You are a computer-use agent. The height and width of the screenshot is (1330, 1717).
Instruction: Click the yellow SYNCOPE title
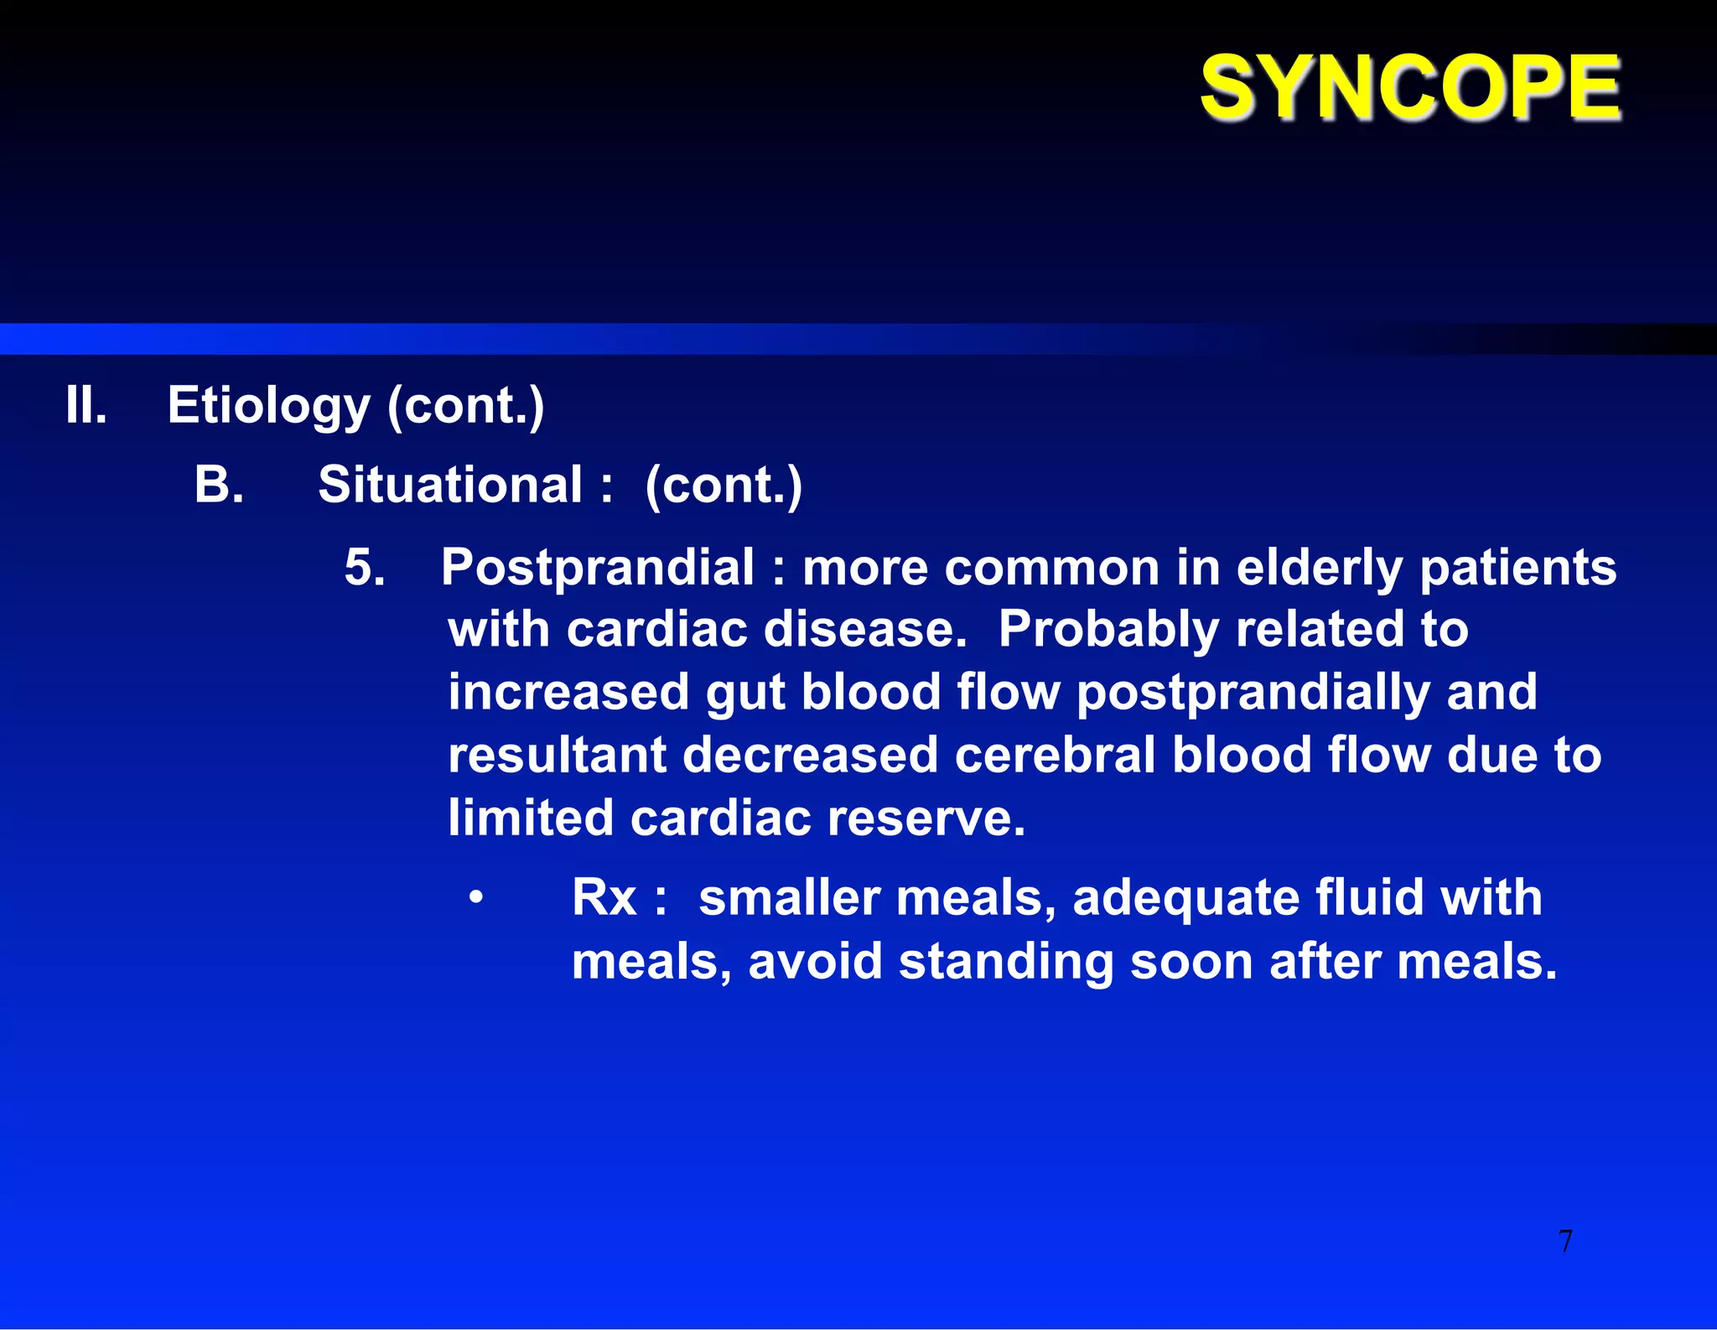[1410, 87]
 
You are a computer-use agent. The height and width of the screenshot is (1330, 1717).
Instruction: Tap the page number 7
[1565, 1241]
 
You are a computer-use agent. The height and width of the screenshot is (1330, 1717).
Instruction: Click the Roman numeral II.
[86, 406]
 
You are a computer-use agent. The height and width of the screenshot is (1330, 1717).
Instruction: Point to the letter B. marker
[219, 485]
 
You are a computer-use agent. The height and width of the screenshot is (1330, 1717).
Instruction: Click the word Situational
[450, 485]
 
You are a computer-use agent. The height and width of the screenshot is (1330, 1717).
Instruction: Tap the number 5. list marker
[365, 568]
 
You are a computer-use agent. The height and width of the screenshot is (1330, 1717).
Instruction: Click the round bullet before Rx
[476, 897]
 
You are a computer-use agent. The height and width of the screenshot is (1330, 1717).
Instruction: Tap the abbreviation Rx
[604, 898]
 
